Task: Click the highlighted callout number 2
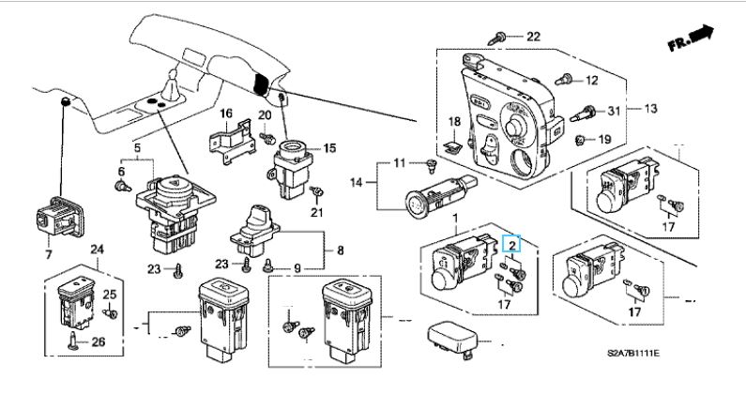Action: (512, 243)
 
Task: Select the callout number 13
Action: (651, 109)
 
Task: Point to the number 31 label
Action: (615, 112)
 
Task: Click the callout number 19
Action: (605, 140)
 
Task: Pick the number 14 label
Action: (357, 181)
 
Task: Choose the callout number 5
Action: (136, 147)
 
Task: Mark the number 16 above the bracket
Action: (225, 114)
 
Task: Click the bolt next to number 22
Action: (501, 37)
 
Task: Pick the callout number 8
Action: (340, 250)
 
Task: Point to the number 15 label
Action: (329, 147)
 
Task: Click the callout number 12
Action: (592, 80)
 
